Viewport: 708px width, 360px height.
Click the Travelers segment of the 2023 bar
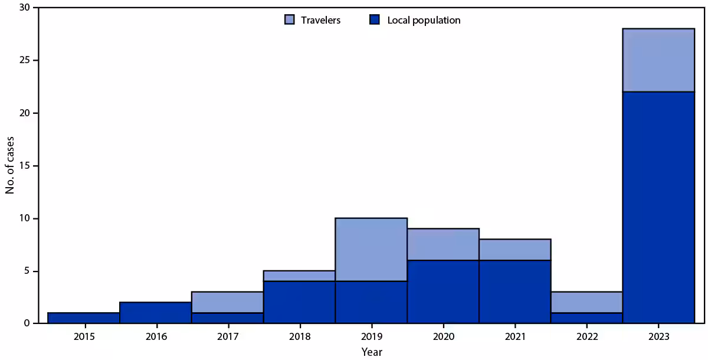tap(658, 60)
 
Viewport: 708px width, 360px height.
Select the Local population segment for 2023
tap(658, 207)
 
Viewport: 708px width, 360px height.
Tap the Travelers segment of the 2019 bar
tap(371, 250)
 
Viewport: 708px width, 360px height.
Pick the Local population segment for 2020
tap(443, 292)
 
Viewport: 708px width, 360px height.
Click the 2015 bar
tap(84, 318)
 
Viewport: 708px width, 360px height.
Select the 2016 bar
tap(156, 313)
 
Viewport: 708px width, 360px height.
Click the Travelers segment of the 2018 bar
tap(299, 276)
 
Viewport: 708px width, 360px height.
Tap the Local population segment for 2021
tap(514, 292)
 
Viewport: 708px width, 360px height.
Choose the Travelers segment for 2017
tap(228, 302)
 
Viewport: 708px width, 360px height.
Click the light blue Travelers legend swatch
tap(289, 20)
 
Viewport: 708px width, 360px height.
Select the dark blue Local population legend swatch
tap(375, 20)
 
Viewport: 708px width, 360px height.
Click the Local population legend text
tap(424, 20)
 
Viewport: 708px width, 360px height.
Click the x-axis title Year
tap(372, 352)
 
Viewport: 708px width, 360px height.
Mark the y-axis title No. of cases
tap(10, 166)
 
